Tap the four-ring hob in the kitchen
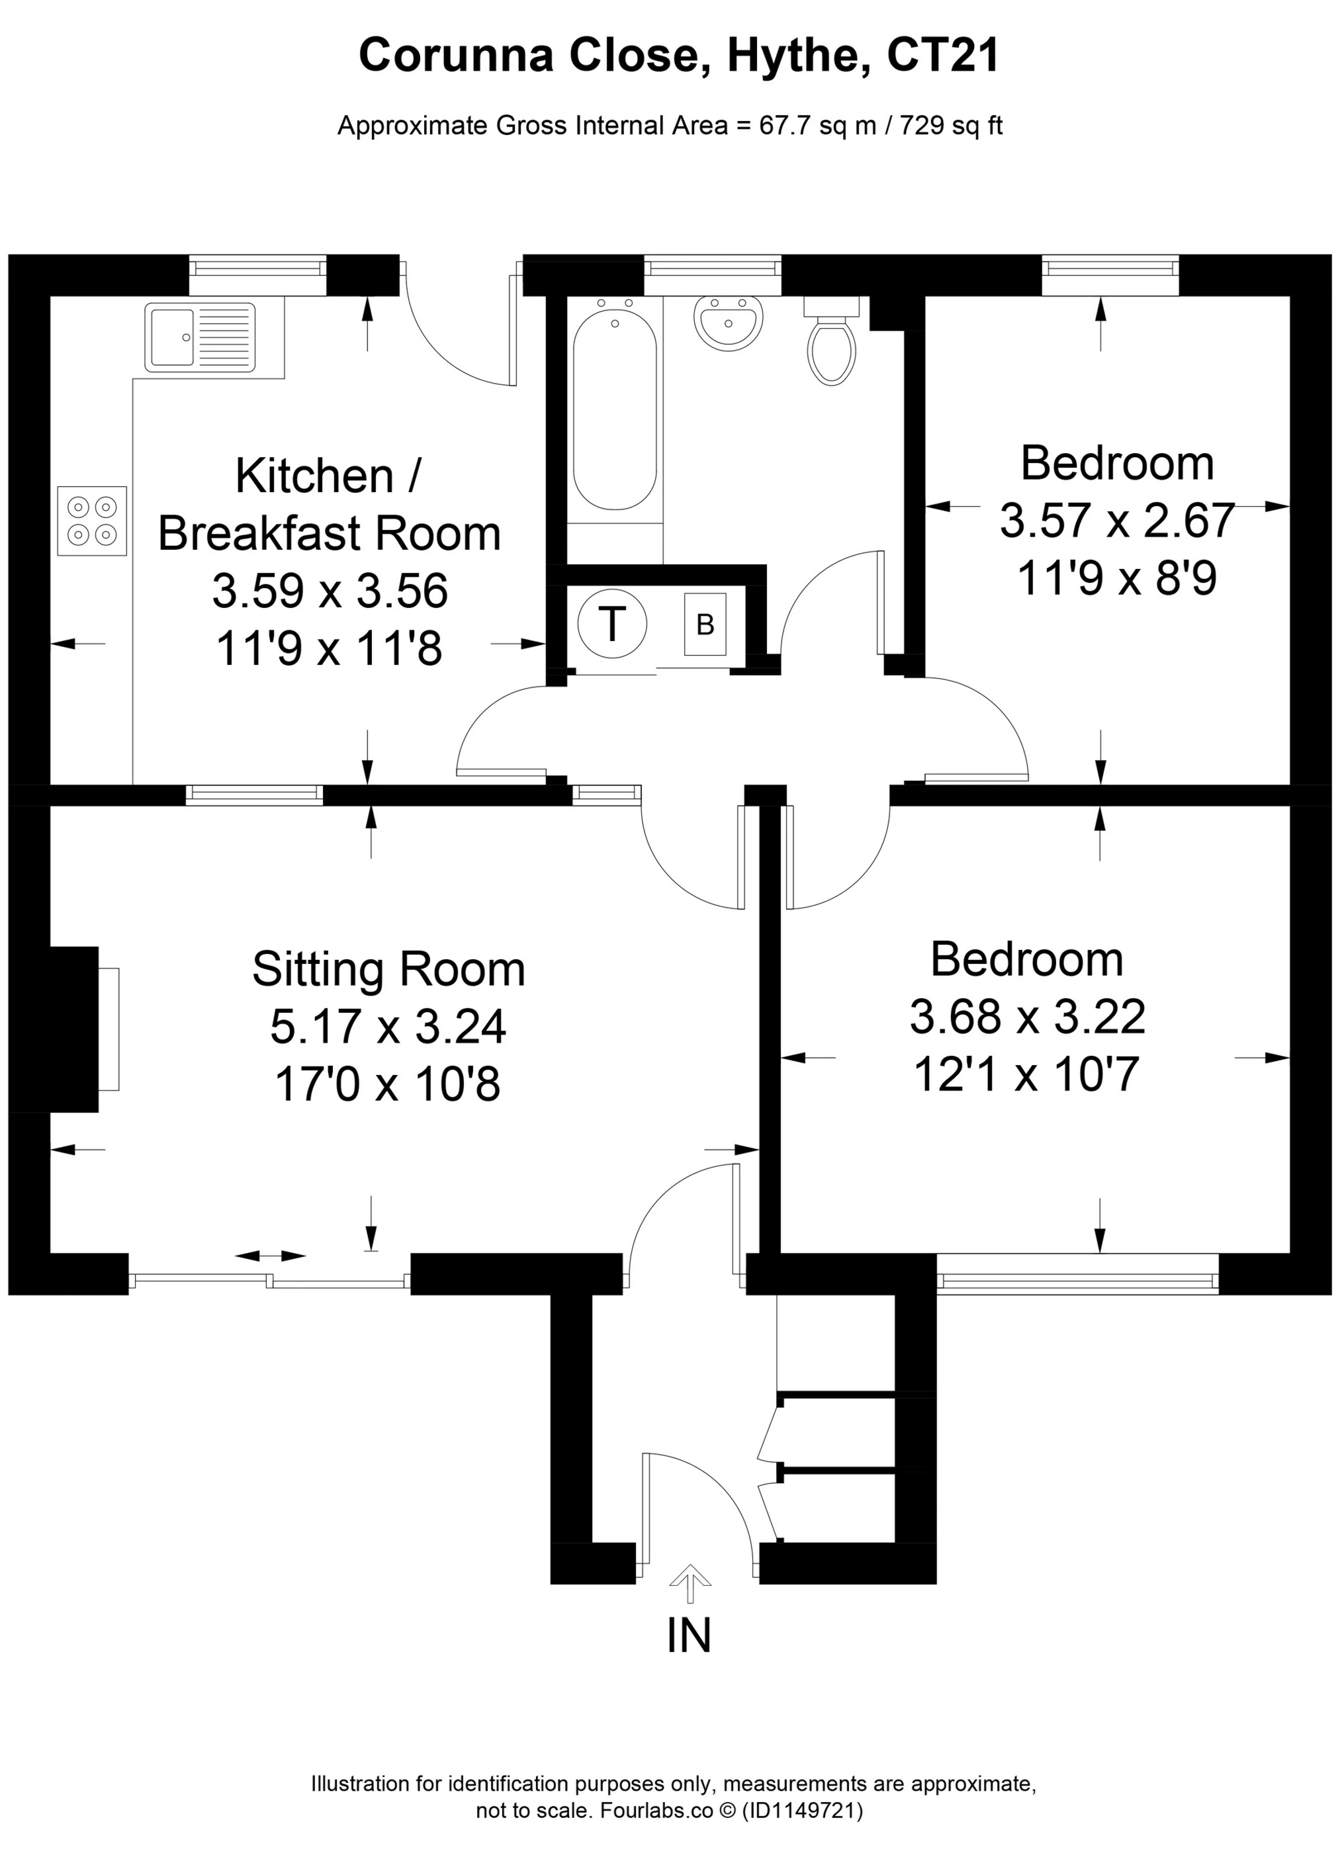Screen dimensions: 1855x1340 91,521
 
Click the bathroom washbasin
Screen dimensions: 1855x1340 728,322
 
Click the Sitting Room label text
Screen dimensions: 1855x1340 388,969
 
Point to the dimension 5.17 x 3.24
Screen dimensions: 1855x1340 388,1027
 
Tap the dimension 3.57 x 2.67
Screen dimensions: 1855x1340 1117,521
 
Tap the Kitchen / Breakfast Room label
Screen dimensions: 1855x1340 329,505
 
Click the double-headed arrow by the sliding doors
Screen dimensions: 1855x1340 270,1256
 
